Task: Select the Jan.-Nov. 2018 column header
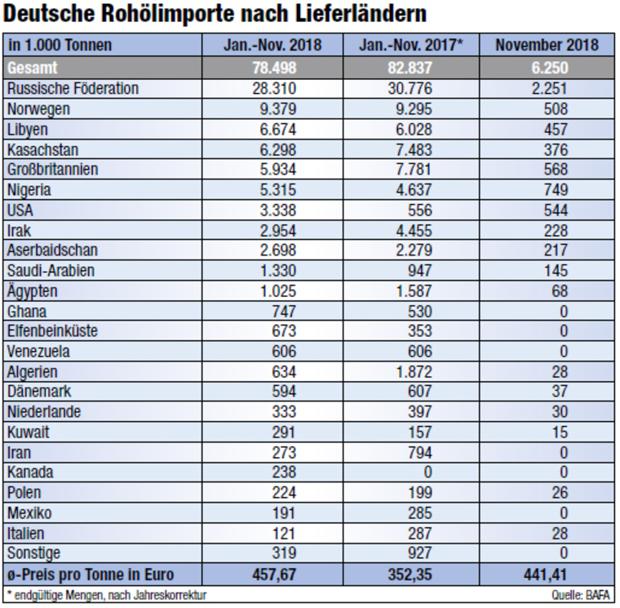272,46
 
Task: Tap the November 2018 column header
547,46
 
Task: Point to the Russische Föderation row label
72,87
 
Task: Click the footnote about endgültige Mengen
106,596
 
